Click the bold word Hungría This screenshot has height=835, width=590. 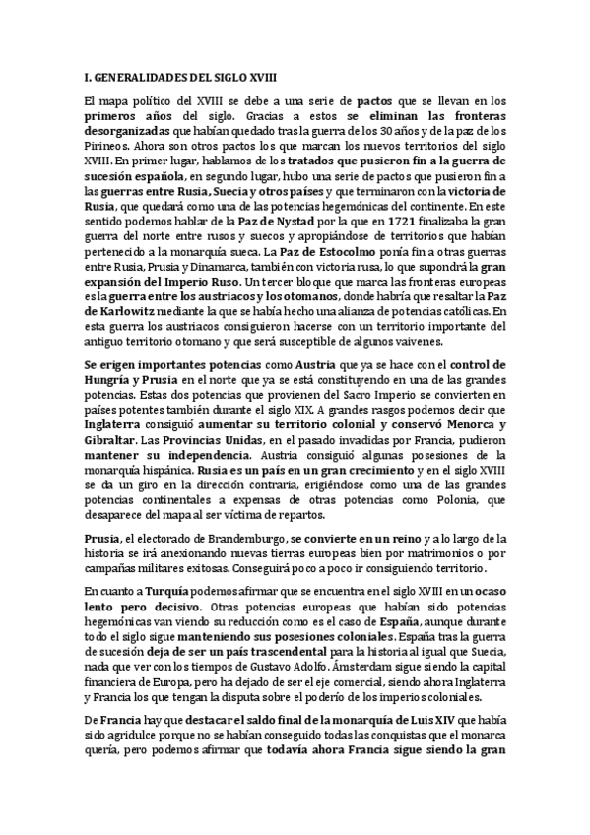pyautogui.click(x=109, y=379)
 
